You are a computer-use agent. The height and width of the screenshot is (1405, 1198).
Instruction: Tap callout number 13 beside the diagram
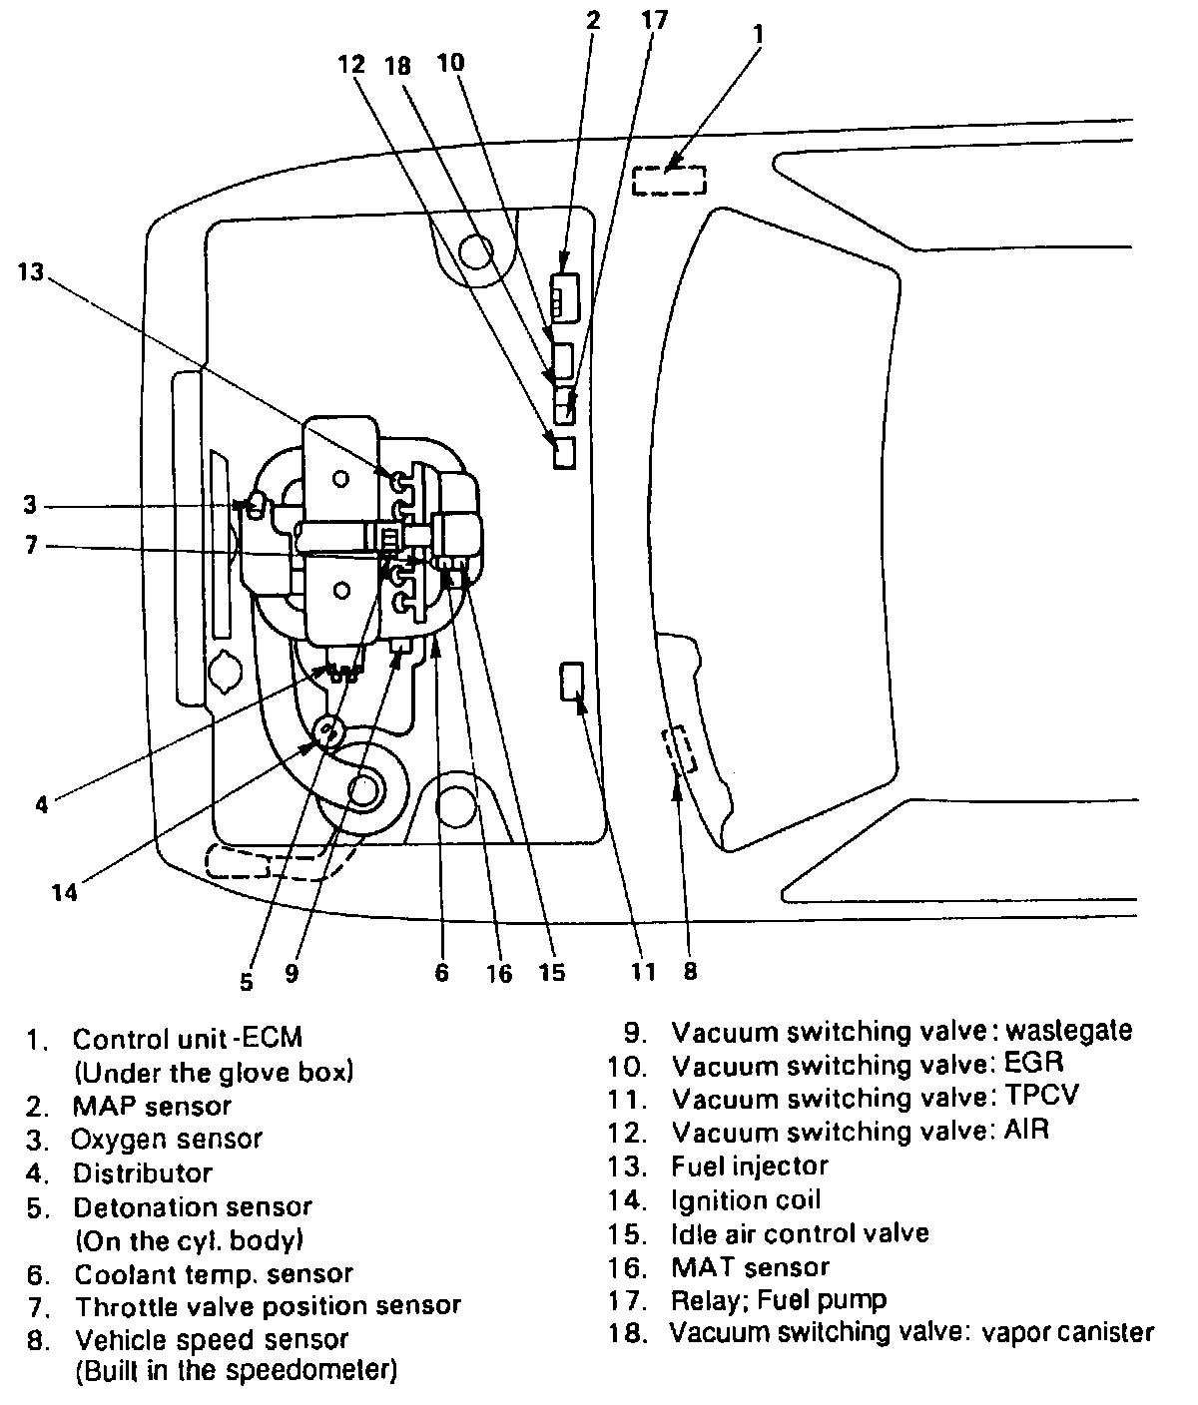coord(31,271)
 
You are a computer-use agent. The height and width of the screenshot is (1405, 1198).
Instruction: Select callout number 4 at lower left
coord(41,804)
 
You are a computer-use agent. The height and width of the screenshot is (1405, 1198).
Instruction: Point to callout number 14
coord(64,891)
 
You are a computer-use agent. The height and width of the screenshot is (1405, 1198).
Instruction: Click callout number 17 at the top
coord(656,20)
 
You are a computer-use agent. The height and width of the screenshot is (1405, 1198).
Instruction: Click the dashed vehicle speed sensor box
coord(681,750)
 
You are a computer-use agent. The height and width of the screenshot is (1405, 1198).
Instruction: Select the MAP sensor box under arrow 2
coord(564,297)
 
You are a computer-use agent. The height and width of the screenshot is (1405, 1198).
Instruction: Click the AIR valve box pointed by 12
coord(565,453)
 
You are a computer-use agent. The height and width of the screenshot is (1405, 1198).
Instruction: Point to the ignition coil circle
coord(326,734)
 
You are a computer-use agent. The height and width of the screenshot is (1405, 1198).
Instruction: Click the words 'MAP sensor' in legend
coord(152,1106)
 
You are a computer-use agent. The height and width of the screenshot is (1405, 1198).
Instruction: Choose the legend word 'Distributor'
coord(143,1172)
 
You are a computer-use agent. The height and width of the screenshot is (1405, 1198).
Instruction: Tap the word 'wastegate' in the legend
coord(1069,1030)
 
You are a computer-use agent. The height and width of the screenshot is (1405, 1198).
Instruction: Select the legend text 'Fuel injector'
coord(750,1166)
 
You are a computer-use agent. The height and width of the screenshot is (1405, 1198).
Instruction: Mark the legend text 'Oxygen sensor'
coord(167,1139)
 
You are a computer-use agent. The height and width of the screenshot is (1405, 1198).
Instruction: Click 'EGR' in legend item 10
coord(1034,1064)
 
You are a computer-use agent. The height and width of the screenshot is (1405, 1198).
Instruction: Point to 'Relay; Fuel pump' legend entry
coord(779,1299)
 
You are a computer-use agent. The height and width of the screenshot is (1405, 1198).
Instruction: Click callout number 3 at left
coord(31,505)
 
